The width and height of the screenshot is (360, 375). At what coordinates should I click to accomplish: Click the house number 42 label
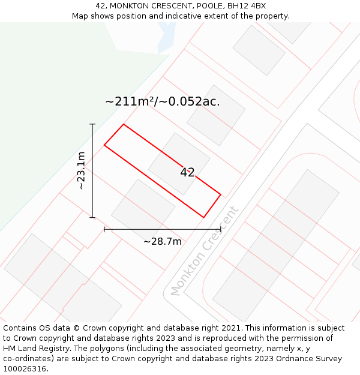coord(187,173)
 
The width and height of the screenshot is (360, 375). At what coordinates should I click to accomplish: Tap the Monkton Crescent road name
coord(205,251)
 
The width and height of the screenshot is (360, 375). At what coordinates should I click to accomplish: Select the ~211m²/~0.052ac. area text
coord(163,101)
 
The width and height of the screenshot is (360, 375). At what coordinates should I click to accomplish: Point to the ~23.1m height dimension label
coord(81,171)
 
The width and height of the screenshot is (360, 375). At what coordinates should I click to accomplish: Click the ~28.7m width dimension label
coord(162,241)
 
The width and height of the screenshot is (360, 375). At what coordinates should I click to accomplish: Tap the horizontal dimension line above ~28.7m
coord(162,229)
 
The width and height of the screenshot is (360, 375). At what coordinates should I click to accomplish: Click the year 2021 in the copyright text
coord(231,328)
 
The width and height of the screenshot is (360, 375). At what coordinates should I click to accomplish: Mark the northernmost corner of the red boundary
coord(124,124)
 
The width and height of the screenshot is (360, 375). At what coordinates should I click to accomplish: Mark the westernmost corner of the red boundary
coord(104,145)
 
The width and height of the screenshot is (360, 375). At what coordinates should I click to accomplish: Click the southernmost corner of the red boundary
coord(203,217)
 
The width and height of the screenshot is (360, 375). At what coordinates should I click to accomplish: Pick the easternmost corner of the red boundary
coord(221,194)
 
